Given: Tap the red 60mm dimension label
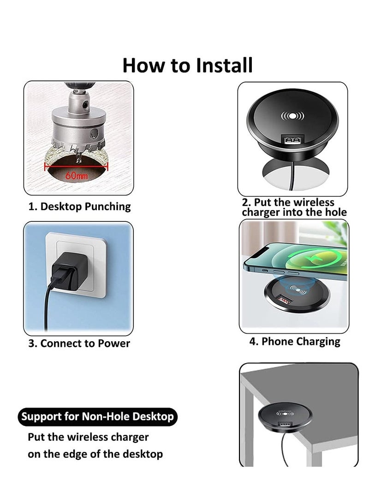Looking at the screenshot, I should point(76,176).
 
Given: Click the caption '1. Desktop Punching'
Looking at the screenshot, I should point(79,207).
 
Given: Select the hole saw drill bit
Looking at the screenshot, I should point(77,124).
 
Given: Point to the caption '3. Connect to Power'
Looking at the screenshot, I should point(79,343).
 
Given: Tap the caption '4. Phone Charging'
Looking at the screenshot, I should point(295,342).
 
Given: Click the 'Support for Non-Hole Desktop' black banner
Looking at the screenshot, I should point(98,417).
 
